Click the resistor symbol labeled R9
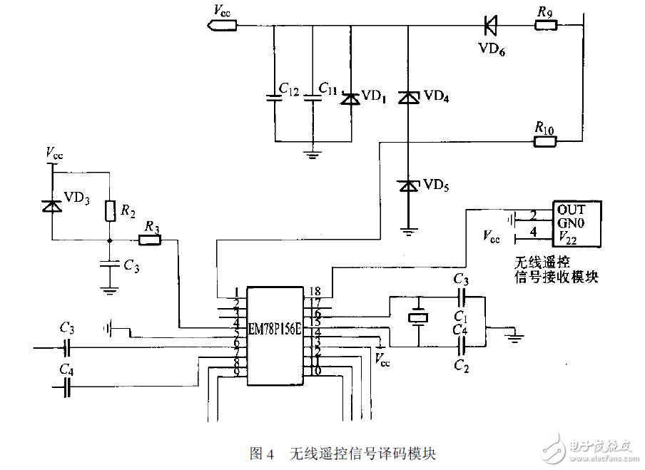[547, 26]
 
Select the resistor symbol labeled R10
[546, 141]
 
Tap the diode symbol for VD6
[490, 26]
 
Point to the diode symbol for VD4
[407, 98]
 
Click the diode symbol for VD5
[407, 185]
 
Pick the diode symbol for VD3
[51, 205]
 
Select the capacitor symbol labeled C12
[274, 98]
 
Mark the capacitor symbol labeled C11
[313, 98]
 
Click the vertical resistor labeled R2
[108, 211]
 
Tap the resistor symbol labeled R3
[151, 240]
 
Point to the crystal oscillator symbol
[418, 318]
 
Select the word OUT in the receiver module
[571, 210]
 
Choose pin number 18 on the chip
[315, 291]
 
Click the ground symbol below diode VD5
[407, 232]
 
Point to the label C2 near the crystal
[460, 367]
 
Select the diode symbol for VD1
[350, 98]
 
